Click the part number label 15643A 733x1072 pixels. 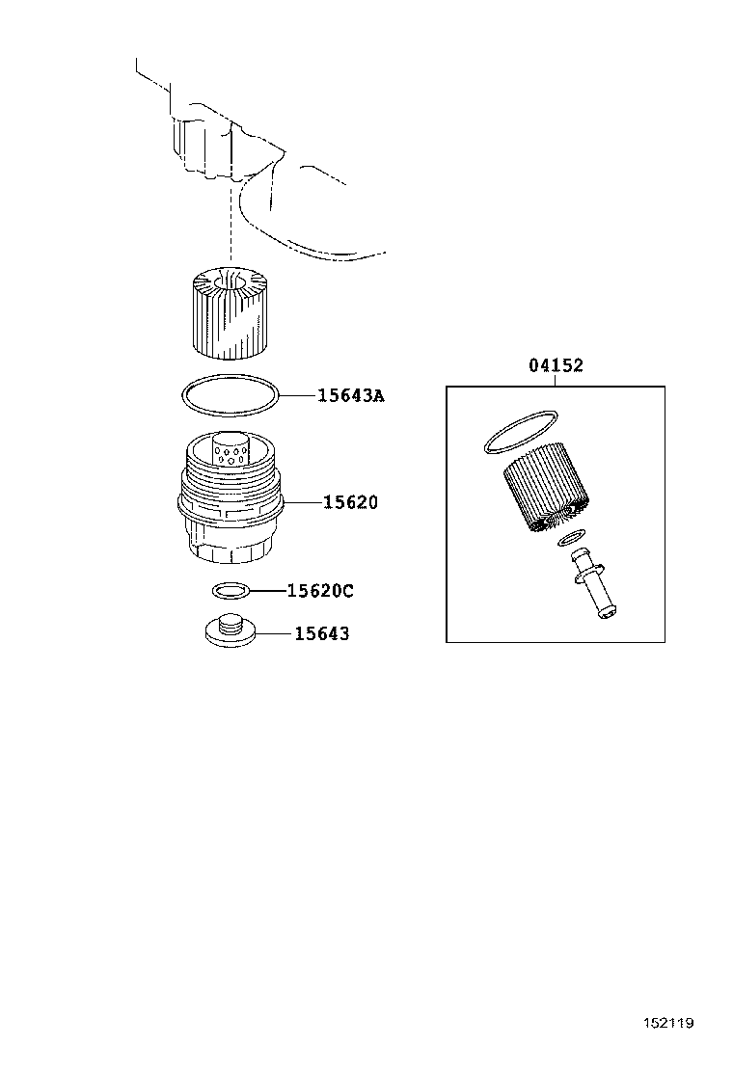pyautogui.click(x=351, y=395)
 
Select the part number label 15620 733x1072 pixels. pyautogui.click(x=350, y=502)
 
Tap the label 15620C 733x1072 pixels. pyautogui.click(x=320, y=591)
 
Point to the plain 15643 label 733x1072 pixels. pyautogui.click(x=321, y=633)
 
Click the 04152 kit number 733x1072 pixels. pyautogui.click(x=556, y=365)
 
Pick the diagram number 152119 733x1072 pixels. pyautogui.click(x=668, y=1023)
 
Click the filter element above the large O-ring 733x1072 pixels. pyautogui.click(x=230, y=311)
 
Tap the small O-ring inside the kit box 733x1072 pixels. pyautogui.click(x=572, y=539)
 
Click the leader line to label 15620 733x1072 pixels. pyautogui.click(x=302, y=502)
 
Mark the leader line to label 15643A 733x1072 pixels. pyautogui.click(x=298, y=395)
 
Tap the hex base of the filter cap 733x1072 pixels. pyautogui.click(x=231, y=546)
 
